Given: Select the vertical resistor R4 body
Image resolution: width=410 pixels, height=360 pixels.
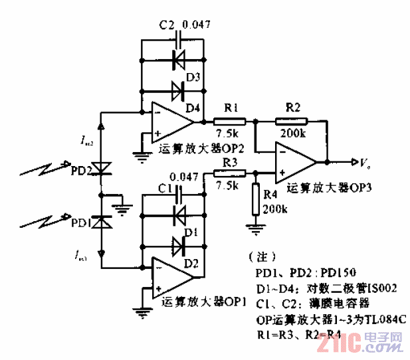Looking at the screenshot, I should [x=255, y=200].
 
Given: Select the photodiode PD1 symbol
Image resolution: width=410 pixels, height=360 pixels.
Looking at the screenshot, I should [x=100, y=223].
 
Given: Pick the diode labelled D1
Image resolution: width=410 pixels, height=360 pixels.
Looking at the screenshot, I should [x=178, y=216].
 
